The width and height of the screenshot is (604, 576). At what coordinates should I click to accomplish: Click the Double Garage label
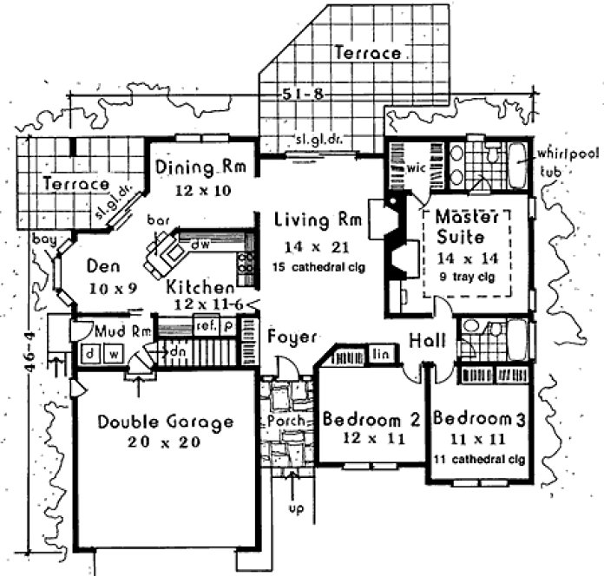click(x=165, y=422)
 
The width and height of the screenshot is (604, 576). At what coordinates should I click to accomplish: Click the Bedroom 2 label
click(x=371, y=420)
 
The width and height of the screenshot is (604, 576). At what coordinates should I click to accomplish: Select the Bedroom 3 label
click(x=479, y=420)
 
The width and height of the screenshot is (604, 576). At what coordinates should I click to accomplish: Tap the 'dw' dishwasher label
click(x=199, y=245)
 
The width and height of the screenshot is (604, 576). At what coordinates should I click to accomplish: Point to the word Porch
click(x=280, y=422)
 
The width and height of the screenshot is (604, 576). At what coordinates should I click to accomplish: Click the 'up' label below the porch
click(x=296, y=507)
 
